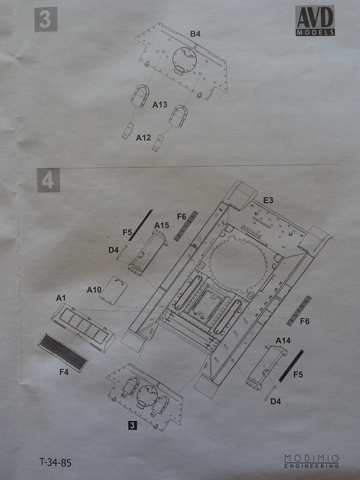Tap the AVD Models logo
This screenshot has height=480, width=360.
315,21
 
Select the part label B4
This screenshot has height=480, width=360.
195,34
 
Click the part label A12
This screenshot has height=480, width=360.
143,137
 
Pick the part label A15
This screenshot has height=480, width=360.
162,225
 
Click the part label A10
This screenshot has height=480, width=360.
94,289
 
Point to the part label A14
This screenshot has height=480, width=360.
282,340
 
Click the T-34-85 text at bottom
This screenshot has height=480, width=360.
56,463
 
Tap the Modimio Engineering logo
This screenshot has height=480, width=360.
311,461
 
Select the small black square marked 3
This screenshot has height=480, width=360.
132,425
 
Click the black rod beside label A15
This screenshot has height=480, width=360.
140,225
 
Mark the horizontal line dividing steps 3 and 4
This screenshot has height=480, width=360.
186,167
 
